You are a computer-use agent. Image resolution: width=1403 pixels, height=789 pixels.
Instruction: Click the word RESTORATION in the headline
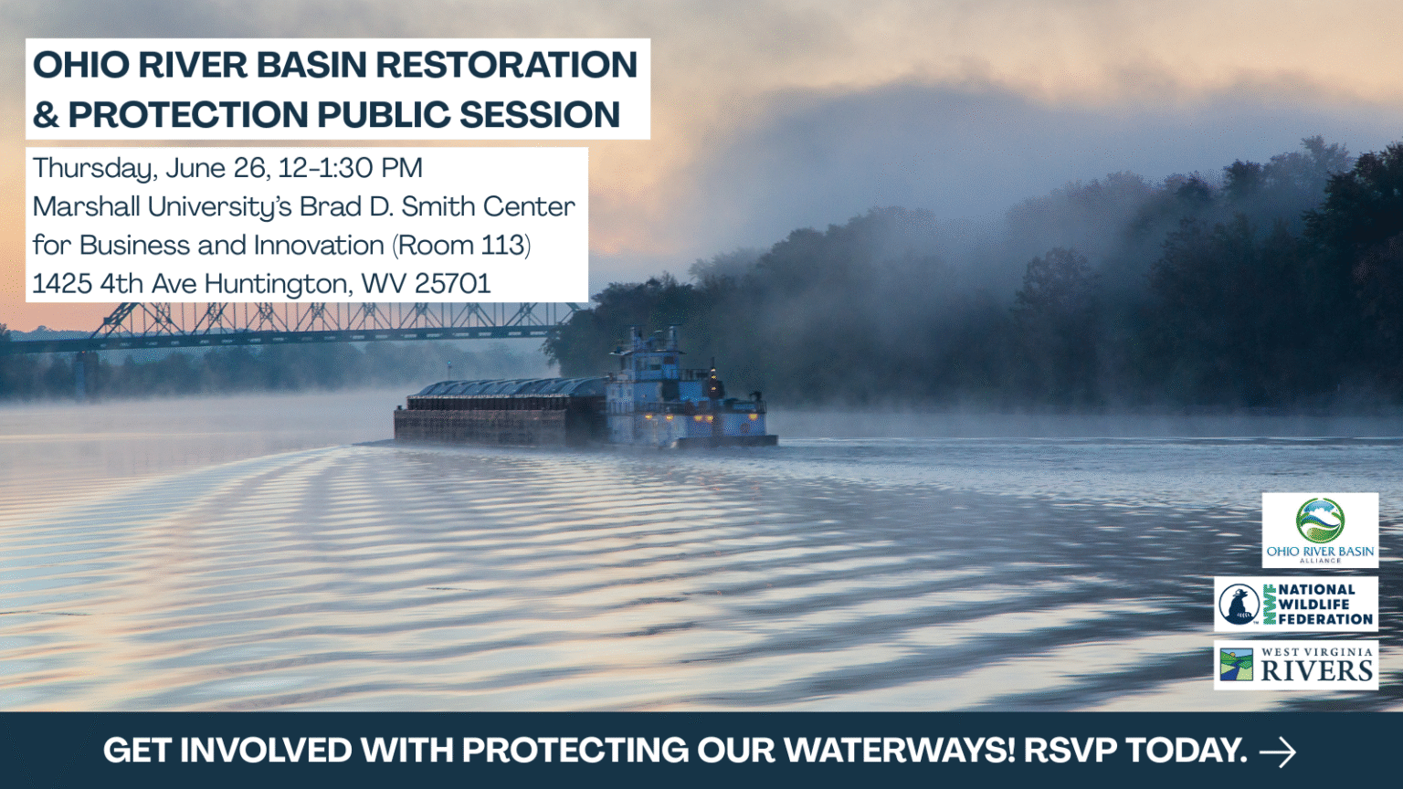(506, 65)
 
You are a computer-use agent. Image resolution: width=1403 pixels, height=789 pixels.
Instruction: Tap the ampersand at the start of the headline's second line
(46, 115)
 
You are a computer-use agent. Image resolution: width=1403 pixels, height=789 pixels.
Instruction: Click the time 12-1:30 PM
(351, 168)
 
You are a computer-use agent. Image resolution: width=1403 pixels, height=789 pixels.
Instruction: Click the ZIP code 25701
(453, 284)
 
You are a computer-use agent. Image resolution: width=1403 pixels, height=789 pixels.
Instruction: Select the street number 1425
(62, 284)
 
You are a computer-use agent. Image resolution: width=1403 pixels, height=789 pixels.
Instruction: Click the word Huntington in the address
(278, 284)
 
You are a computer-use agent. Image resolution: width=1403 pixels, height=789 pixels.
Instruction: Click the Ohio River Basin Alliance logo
(1320, 530)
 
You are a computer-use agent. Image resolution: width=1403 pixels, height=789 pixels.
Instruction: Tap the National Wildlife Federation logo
(1295, 605)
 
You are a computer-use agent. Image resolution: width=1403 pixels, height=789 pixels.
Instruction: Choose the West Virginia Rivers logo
(1295, 666)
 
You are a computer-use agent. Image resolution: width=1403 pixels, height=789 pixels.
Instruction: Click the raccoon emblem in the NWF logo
(1239, 605)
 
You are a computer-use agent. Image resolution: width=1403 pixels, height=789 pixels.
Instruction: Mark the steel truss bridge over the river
(301, 325)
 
